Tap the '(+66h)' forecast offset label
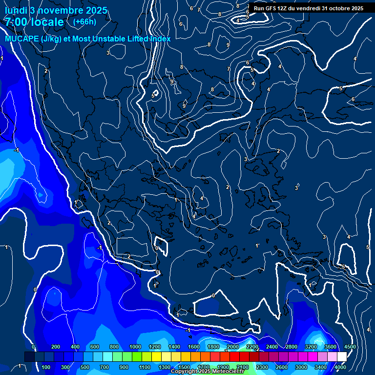pyautogui.click(x=84, y=21)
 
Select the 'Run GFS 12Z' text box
pyautogui.click(x=309, y=8)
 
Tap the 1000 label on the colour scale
pyautogui.click(x=135, y=347)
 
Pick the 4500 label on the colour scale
pyautogui.click(x=350, y=347)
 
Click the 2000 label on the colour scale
pyautogui.click(x=232, y=347)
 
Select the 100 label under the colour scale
pyautogui.click(x=46, y=367)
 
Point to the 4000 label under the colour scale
pyautogui.click(x=340, y=367)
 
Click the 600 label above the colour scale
pyautogui.click(x=95, y=347)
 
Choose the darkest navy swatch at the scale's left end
pyautogui.click(x=29, y=357)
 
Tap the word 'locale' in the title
pyautogui.click(x=48, y=22)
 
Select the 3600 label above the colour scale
pyautogui.click(x=330, y=347)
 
